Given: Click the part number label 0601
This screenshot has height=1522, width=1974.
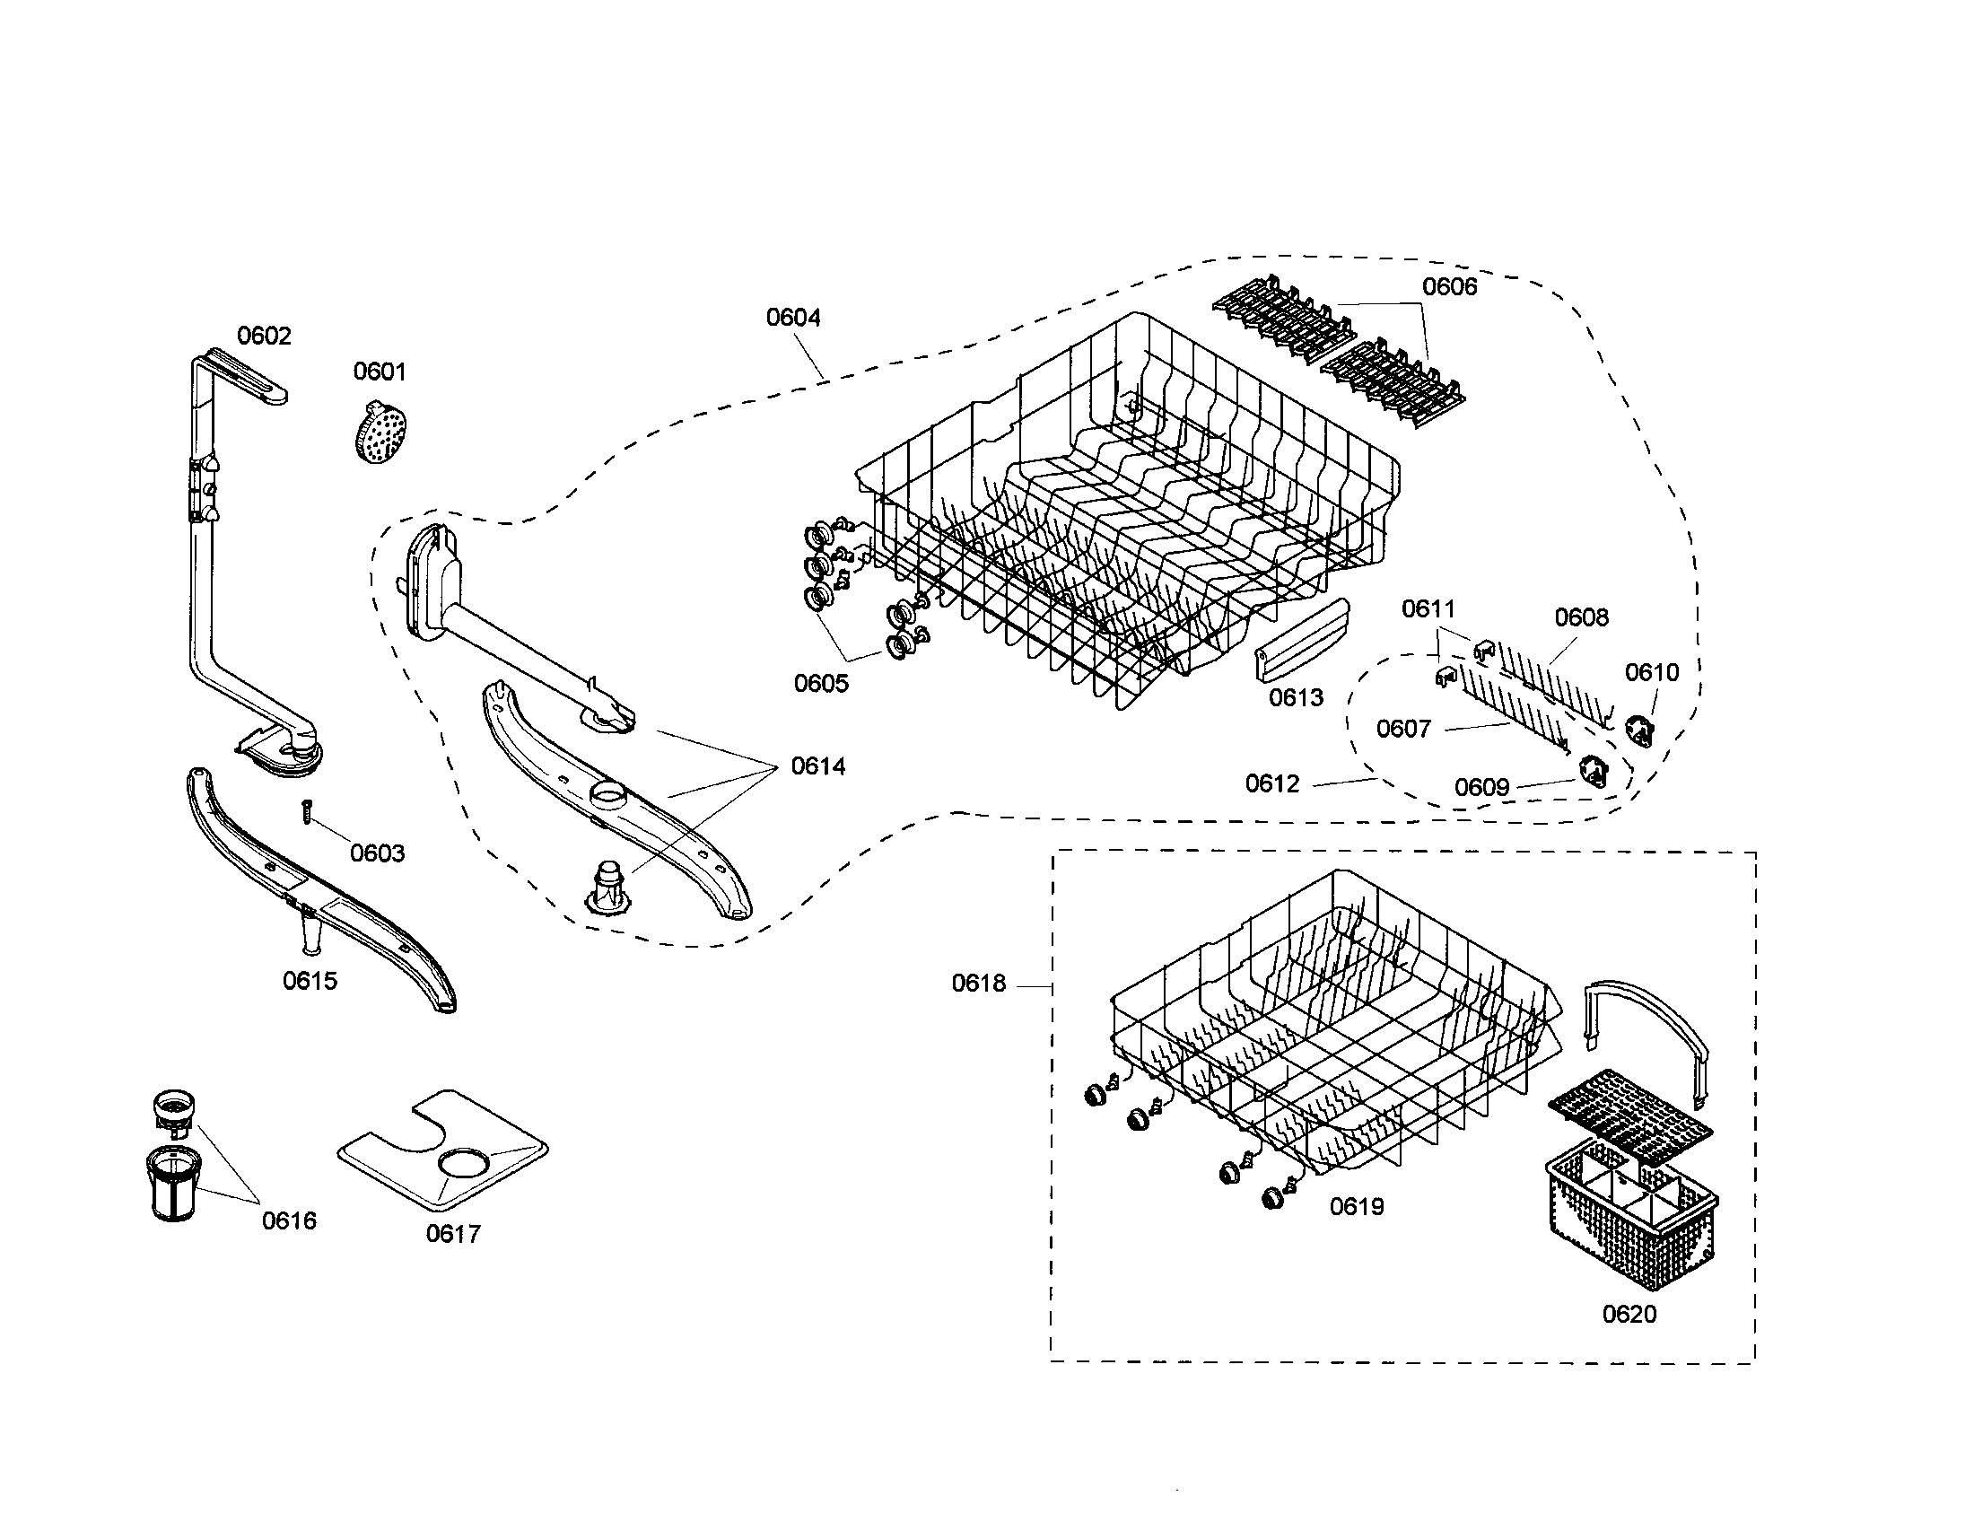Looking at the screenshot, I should (x=380, y=372).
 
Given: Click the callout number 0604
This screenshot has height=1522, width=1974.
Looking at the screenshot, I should (x=792, y=318).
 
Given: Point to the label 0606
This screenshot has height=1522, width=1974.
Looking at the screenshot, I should (x=1449, y=286).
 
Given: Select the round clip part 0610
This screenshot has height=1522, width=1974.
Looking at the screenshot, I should (x=1638, y=730).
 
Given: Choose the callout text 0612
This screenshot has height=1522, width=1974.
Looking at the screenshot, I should (x=1271, y=783).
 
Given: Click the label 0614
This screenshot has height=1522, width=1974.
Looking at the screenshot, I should (x=817, y=766).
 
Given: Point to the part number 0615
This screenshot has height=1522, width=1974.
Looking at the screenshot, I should (x=310, y=981).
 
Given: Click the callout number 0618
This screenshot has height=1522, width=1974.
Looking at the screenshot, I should (x=978, y=984).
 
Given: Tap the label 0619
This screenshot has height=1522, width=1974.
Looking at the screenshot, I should (x=1356, y=1207).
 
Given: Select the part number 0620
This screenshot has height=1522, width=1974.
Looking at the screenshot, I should (x=1629, y=1314).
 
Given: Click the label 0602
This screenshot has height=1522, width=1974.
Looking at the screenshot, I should (x=264, y=337).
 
